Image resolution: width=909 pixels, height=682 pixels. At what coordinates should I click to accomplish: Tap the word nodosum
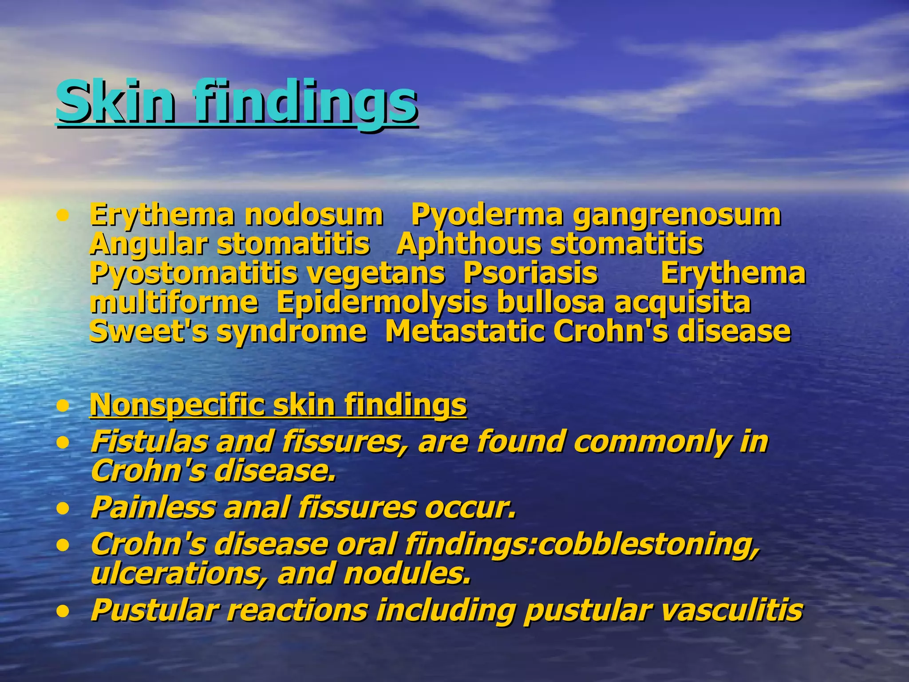point(314,215)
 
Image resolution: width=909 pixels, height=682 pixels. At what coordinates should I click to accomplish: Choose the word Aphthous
point(467,244)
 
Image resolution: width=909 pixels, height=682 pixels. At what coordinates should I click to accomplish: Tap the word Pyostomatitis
point(194,274)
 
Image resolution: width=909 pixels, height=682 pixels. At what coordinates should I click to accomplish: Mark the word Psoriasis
point(530,273)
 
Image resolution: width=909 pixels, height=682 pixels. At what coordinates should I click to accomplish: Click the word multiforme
point(174,302)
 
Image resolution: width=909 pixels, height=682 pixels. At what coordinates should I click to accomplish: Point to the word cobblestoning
point(648,544)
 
